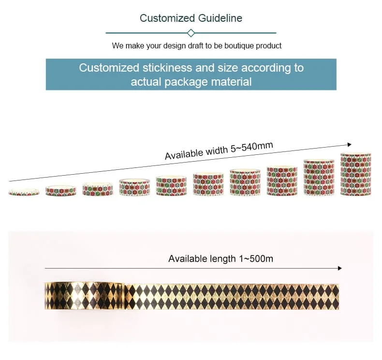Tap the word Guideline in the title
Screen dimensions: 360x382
pos(220,18)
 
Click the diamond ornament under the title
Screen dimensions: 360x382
pos(191,33)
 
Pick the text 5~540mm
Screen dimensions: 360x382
pos(251,148)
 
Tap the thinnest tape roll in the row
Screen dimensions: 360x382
pos(24,193)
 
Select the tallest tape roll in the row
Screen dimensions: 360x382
pos(355,174)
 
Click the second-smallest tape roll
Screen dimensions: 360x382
pos(60,191)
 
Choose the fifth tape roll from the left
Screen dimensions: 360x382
pos(171,186)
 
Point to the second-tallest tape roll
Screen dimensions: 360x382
pos(319,178)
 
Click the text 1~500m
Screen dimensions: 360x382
pos(256,259)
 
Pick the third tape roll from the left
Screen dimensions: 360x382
pos(97,189)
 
